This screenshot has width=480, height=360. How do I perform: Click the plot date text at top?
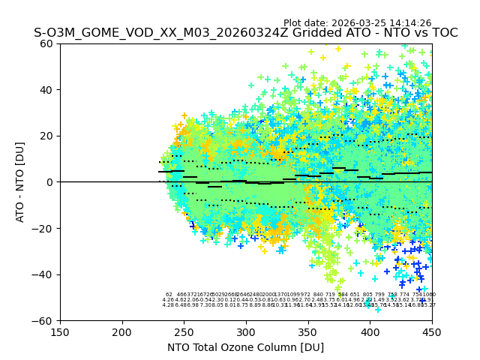(357, 23)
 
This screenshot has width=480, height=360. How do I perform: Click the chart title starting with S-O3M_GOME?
(245, 34)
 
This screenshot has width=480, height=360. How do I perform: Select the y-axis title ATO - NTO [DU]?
(20, 182)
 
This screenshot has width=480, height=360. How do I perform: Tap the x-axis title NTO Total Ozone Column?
(245, 347)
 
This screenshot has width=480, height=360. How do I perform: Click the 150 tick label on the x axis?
(60, 331)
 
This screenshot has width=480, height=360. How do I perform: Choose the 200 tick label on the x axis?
(122, 331)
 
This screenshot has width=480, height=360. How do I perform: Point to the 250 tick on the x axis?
(184, 331)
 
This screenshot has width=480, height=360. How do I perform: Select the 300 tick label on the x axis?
(246, 331)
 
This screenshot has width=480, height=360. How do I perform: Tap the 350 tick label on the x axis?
(307, 331)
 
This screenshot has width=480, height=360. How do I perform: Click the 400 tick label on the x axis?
(370, 331)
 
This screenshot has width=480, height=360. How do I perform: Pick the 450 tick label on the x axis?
(431, 331)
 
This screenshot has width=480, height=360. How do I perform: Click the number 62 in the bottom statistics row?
(169, 295)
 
